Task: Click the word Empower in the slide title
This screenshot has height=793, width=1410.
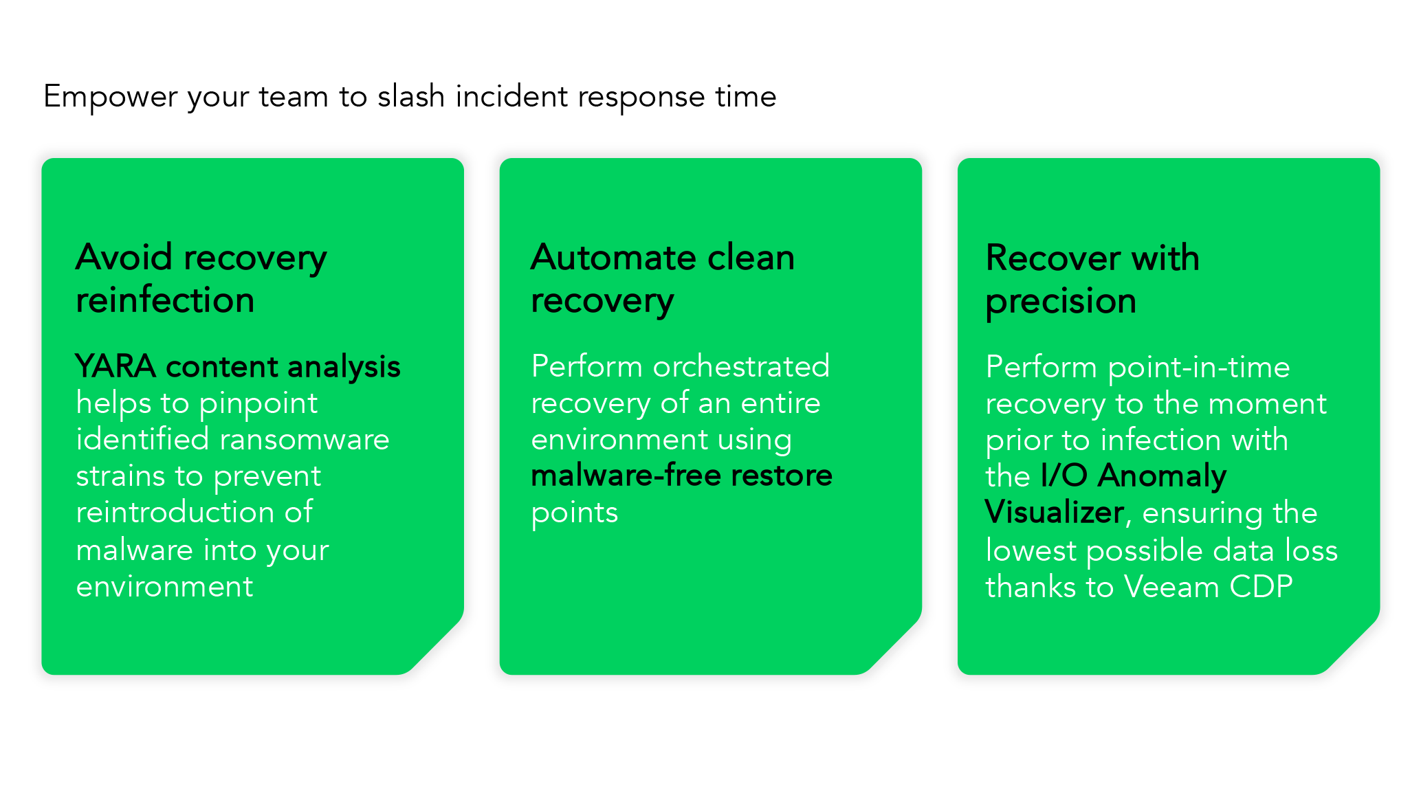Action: tap(110, 97)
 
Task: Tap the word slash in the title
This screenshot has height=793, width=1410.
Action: tap(410, 96)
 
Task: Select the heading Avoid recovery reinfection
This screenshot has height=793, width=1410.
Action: tap(201, 278)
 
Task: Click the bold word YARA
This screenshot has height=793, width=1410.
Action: tap(115, 366)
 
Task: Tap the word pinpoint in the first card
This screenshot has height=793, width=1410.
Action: tap(258, 404)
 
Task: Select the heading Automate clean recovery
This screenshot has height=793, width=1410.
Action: tap(662, 278)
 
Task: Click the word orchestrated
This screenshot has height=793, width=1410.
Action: tap(741, 366)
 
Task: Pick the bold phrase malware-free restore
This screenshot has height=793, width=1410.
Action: tap(681, 476)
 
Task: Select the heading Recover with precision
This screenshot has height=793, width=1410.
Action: tap(1092, 279)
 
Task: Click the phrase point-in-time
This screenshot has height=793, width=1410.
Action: tap(1198, 368)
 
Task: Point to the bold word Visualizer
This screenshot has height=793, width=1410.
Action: tap(1055, 513)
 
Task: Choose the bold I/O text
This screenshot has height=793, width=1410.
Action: tap(1064, 476)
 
